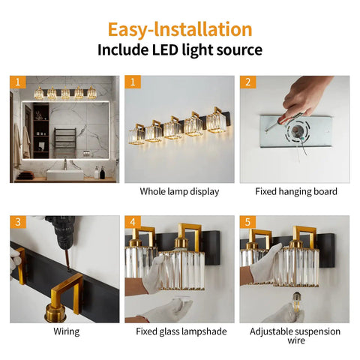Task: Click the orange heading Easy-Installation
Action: coord(180,29)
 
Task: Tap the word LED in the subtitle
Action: coord(165,49)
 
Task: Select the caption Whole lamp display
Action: coord(179,191)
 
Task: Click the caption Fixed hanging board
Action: coord(296,191)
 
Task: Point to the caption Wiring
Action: coord(67,331)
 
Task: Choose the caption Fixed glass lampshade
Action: coord(181,331)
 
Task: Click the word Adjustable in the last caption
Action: coord(271,331)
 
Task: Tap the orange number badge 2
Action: coord(247,82)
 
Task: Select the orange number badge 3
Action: coord(18,222)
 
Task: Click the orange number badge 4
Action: coord(133,222)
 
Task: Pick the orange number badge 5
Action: coord(247,222)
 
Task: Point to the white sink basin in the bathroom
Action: coord(65,175)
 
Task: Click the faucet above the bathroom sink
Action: coord(65,163)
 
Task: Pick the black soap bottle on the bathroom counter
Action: coord(102,172)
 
